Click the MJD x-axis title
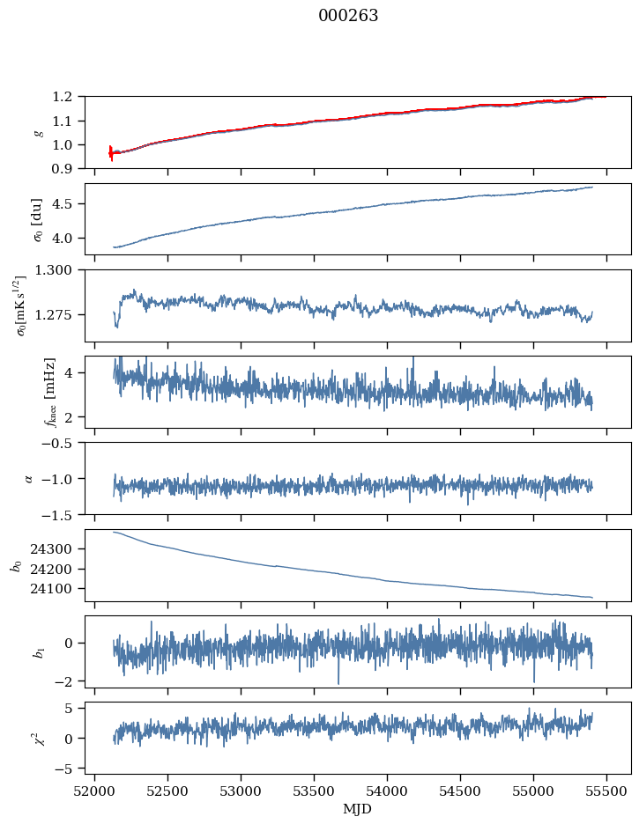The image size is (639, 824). tap(358, 809)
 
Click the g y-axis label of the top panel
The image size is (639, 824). tap(38, 132)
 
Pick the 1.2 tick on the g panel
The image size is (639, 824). tap(66, 96)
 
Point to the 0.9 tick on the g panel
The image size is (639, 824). tap(66, 168)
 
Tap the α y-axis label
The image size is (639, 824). tap(29, 478)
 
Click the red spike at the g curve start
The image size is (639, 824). tap(111, 152)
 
